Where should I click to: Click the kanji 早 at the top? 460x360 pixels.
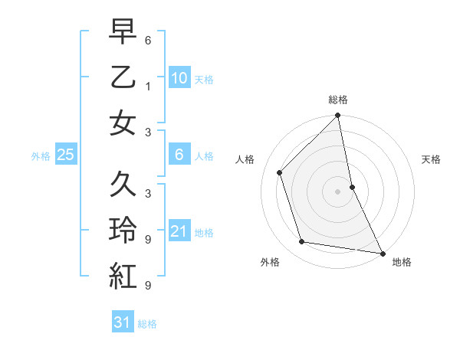pos(123,32)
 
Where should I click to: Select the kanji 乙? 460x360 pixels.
pos(123,77)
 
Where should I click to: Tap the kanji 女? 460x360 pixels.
pos(123,123)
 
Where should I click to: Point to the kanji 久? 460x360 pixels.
pos(123,185)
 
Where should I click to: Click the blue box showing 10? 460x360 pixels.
pos(179,77)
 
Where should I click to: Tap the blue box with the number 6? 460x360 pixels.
pos(179,155)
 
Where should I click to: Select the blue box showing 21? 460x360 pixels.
pos(179,231)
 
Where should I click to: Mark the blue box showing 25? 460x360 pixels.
pos(65,155)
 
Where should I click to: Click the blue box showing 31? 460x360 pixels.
pos(123,322)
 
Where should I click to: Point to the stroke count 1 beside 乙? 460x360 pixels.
pos(147,87)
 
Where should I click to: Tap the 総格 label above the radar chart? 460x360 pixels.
pos(338,100)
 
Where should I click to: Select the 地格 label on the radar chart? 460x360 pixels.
pos(401,262)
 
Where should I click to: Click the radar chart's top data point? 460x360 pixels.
pos(338,116)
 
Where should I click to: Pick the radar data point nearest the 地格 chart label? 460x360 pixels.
pos(382,253)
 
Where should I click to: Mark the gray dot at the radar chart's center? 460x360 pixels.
pos(338,191)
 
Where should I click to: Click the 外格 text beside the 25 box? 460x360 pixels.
pos(41,156)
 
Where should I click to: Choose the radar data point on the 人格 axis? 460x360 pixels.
pos(280,172)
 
